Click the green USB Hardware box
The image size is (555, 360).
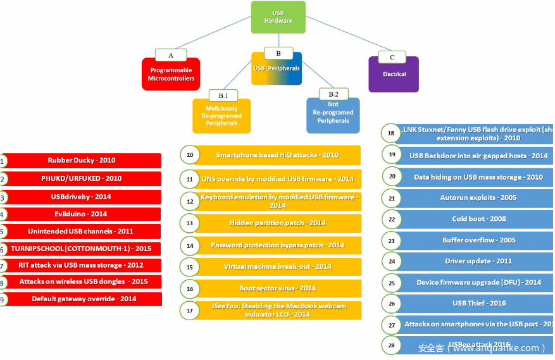point(278,17)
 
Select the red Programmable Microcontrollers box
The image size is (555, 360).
point(171,75)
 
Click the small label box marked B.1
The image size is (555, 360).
point(223,96)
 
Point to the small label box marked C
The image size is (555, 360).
point(392,57)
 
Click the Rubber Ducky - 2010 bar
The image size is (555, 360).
point(82,161)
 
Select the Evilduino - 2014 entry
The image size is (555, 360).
point(82,214)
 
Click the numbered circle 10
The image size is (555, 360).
point(189,155)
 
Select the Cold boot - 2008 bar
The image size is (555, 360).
point(470,219)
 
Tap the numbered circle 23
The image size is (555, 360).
point(392,240)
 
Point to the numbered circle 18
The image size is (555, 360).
point(391,133)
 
